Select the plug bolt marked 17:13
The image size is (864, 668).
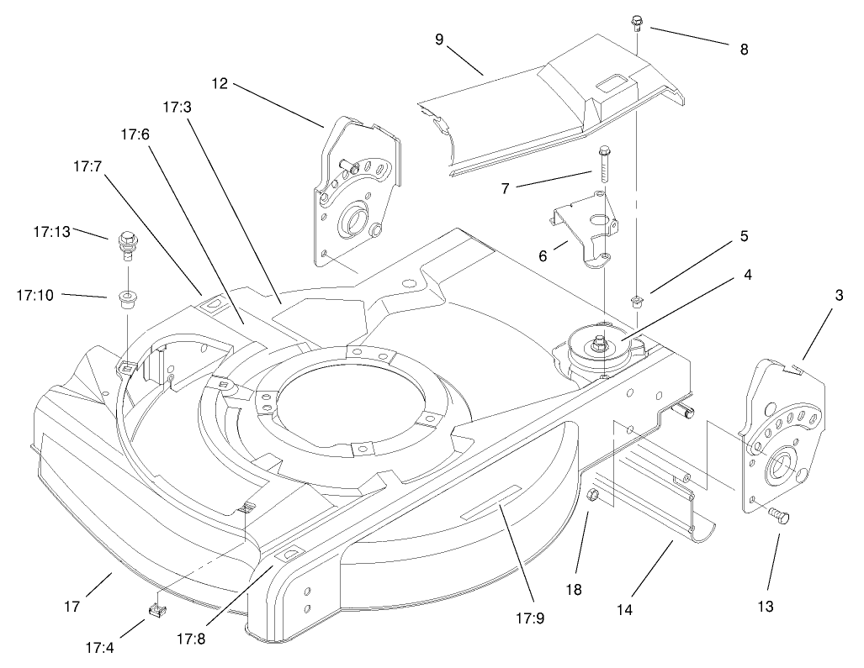tap(127, 244)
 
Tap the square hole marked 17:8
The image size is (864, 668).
tap(289, 554)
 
